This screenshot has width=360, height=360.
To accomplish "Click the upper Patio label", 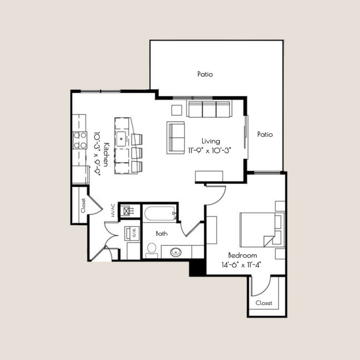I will click(205, 74).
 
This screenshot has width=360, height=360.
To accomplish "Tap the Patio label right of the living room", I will click(265, 135).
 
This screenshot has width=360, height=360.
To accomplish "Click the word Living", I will click(210, 141).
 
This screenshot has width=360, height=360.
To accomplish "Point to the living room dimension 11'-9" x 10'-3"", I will click(209, 150).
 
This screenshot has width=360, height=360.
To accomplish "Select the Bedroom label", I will click(243, 255).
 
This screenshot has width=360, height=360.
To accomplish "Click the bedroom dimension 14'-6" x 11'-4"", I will click(243, 264).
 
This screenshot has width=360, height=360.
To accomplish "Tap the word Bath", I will click(161, 234).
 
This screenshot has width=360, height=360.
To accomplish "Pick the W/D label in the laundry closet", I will click(133, 233).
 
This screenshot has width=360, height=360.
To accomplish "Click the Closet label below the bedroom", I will click(264, 303).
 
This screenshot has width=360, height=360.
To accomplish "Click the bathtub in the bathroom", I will click(160, 213).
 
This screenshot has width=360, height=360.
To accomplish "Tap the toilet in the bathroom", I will click(152, 250).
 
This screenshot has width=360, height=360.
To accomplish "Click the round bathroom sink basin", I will click(176, 253).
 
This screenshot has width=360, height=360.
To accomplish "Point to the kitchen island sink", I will click(121, 137).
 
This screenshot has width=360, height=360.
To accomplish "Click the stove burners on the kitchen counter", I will click(80, 140).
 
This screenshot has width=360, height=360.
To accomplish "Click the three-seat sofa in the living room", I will click(209, 109).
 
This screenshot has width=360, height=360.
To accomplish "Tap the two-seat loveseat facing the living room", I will click(176, 137).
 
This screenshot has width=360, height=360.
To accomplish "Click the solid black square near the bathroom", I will click(197, 267).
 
